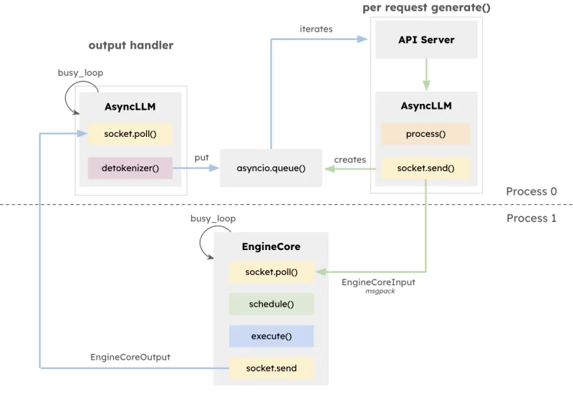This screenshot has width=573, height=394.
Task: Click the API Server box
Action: coord(426,40)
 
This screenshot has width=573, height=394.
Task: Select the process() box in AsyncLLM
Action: coord(425,134)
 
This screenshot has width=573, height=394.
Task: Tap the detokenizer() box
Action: coord(130,168)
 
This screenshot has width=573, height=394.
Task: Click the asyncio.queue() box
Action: coord(271,168)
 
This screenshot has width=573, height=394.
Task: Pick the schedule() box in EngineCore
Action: coord(271,304)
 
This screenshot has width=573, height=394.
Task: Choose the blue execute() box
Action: coord(271,336)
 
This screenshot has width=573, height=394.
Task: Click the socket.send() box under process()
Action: coord(425,168)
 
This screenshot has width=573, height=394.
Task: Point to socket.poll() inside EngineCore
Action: coord(271,272)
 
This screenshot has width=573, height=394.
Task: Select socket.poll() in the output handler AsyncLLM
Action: coord(130,134)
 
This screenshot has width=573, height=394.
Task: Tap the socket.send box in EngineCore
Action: coord(271,368)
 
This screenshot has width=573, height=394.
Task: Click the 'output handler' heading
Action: coord(131,45)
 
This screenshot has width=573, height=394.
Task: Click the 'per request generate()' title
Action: coord(426,8)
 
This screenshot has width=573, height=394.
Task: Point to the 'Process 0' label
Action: coord(531,191)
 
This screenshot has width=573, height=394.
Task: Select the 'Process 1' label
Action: coord(531,218)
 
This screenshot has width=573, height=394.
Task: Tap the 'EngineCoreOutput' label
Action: coord(130,356)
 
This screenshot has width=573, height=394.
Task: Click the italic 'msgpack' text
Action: coord(380,292)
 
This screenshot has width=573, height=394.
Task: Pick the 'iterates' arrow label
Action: coord(316,29)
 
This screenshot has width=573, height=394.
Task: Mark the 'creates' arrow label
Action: coord(350,160)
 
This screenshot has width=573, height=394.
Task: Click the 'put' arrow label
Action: coord(201,158)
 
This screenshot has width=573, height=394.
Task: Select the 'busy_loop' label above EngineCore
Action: coord(213,218)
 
